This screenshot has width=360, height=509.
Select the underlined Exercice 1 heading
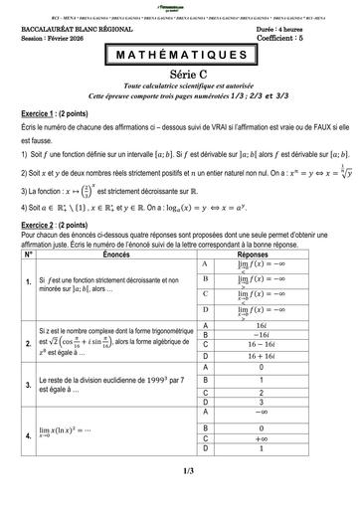pos(37,115)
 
